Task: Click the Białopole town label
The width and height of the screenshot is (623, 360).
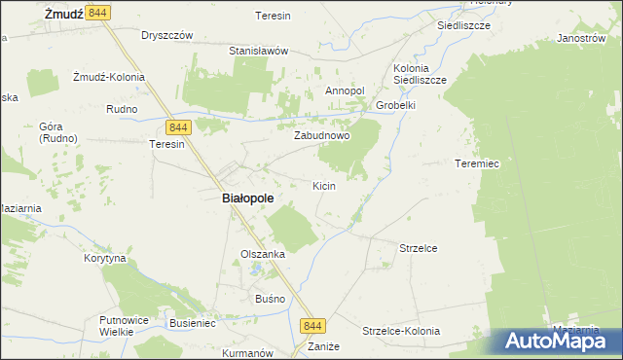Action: [x=242, y=198]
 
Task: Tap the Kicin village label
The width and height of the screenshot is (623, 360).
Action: [x=324, y=185]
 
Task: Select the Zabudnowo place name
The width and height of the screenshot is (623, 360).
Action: [x=322, y=136]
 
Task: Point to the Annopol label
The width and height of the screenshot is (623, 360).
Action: [x=344, y=90]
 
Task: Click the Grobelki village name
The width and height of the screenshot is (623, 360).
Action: [x=395, y=105]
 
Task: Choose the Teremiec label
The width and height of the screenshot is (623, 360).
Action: [x=477, y=163]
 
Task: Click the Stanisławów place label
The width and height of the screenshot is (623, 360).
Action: [x=258, y=50]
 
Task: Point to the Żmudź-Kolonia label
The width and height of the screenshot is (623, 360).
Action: [x=108, y=77]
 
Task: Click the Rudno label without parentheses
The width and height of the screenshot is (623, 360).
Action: [x=122, y=109]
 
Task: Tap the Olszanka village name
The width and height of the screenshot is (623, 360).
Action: [x=263, y=254]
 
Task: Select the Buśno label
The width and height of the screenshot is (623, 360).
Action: [x=271, y=298]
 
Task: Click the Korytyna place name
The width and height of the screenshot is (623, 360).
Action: [x=105, y=260]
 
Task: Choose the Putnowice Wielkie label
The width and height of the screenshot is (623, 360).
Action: [x=122, y=325]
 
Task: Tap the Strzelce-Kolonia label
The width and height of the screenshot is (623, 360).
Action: [x=401, y=331]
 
